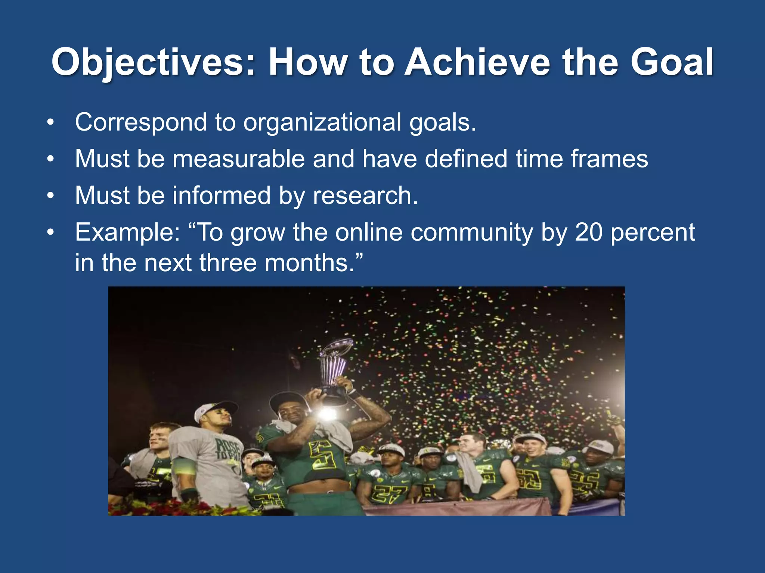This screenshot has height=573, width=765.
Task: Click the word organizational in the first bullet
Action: pos(322,122)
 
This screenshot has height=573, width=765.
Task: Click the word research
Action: pos(365,195)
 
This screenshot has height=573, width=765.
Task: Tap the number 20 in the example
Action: pos(588,232)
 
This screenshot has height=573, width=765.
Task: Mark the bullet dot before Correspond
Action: pos(51,123)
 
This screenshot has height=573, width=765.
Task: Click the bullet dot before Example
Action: pos(51,233)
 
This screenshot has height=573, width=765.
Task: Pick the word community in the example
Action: pos(471,232)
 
